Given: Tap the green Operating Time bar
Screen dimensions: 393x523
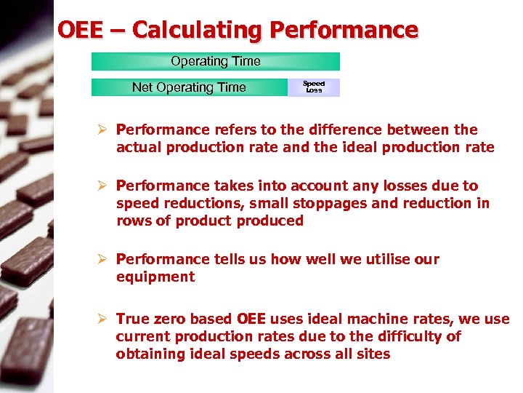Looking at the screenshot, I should click(215, 62).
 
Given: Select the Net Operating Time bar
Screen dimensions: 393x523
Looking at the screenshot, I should click(189, 87).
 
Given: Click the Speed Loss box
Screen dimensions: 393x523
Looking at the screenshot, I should click(314, 87).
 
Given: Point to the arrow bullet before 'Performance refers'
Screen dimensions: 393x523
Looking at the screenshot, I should click(102, 130).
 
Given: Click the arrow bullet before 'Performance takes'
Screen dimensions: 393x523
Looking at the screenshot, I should click(102, 186).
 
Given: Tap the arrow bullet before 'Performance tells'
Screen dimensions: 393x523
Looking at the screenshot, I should click(102, 260).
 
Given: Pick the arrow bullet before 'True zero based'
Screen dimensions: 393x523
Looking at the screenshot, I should click(102, 319).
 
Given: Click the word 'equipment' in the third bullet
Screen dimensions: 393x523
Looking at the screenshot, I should click(155, 277).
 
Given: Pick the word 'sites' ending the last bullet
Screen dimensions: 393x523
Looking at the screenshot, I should click(373, 354).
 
